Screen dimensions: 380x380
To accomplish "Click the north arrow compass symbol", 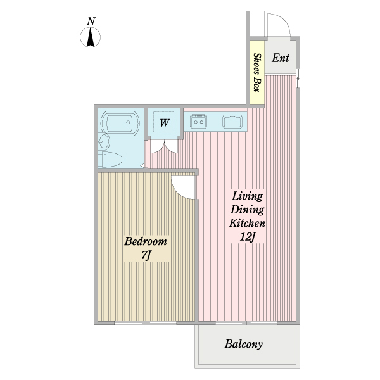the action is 90,37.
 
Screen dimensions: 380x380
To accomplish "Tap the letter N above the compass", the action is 91,22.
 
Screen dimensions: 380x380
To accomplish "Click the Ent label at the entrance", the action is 281,58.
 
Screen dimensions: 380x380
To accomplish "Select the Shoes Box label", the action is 257,72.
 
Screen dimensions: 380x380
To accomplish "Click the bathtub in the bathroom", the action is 120,123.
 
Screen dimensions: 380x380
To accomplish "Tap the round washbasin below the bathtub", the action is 104,141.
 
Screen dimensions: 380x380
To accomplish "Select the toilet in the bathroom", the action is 110,160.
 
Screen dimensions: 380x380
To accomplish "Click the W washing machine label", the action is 164,123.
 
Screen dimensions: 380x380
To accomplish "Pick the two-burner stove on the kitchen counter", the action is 198,121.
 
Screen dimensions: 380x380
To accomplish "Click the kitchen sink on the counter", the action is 232,122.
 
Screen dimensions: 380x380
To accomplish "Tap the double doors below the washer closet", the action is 164,146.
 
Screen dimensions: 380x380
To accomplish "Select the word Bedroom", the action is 146,242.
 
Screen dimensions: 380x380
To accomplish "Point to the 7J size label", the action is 146,255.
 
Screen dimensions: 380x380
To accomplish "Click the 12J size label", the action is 247,236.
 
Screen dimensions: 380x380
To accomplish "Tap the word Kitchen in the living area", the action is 247,223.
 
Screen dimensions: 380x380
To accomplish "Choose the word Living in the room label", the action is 247,196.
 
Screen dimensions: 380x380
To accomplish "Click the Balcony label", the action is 244,344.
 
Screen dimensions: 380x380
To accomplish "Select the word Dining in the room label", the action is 247,210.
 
